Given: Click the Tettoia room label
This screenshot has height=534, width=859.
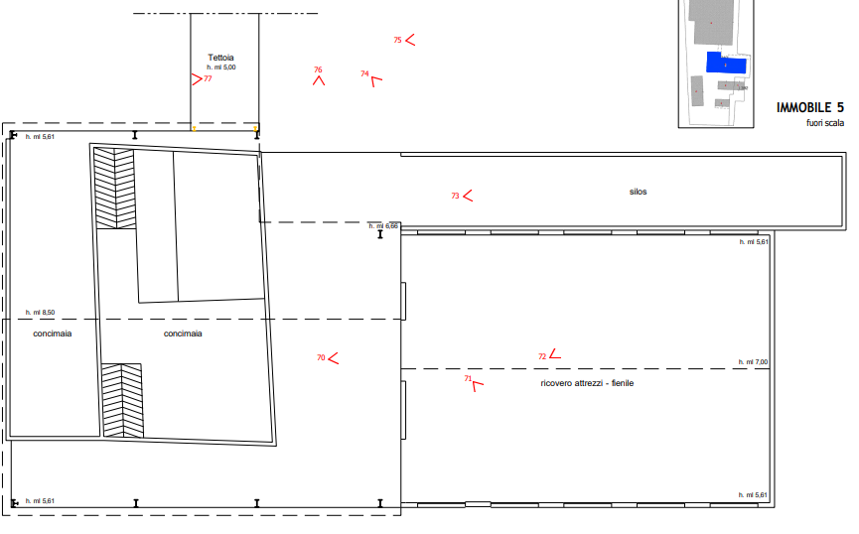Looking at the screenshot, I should click(x=220, y=58).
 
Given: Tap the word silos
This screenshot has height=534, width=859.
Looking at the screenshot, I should click(x=638, y=192).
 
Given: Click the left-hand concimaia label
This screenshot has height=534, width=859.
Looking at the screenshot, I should click(x=53, y=334).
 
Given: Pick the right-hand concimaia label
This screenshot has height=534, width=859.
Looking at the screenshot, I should click(x=183, y=334).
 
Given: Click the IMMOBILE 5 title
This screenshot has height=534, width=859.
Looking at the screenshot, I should click(x=809, y=107).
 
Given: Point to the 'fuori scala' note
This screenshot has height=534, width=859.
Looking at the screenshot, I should click(x=824, y=123).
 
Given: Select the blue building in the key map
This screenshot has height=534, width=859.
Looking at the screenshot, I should click(x=726, y=63).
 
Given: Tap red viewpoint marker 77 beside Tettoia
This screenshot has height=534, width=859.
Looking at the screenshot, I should click(x=200, y=78).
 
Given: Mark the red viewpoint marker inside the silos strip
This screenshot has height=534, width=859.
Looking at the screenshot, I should click(x=461, y=196).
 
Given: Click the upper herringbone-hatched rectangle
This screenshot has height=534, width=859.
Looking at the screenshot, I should click(x=114, y=188).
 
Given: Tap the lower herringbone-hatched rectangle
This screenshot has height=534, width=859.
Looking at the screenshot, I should click(x=122, y=400).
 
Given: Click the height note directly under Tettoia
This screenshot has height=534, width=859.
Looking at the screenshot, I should click(x=221, y=67).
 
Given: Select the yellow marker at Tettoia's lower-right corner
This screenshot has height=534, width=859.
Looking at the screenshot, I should click(x=256, y=129).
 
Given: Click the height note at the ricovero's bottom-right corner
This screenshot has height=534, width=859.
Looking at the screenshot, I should click(x=754, y=494).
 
